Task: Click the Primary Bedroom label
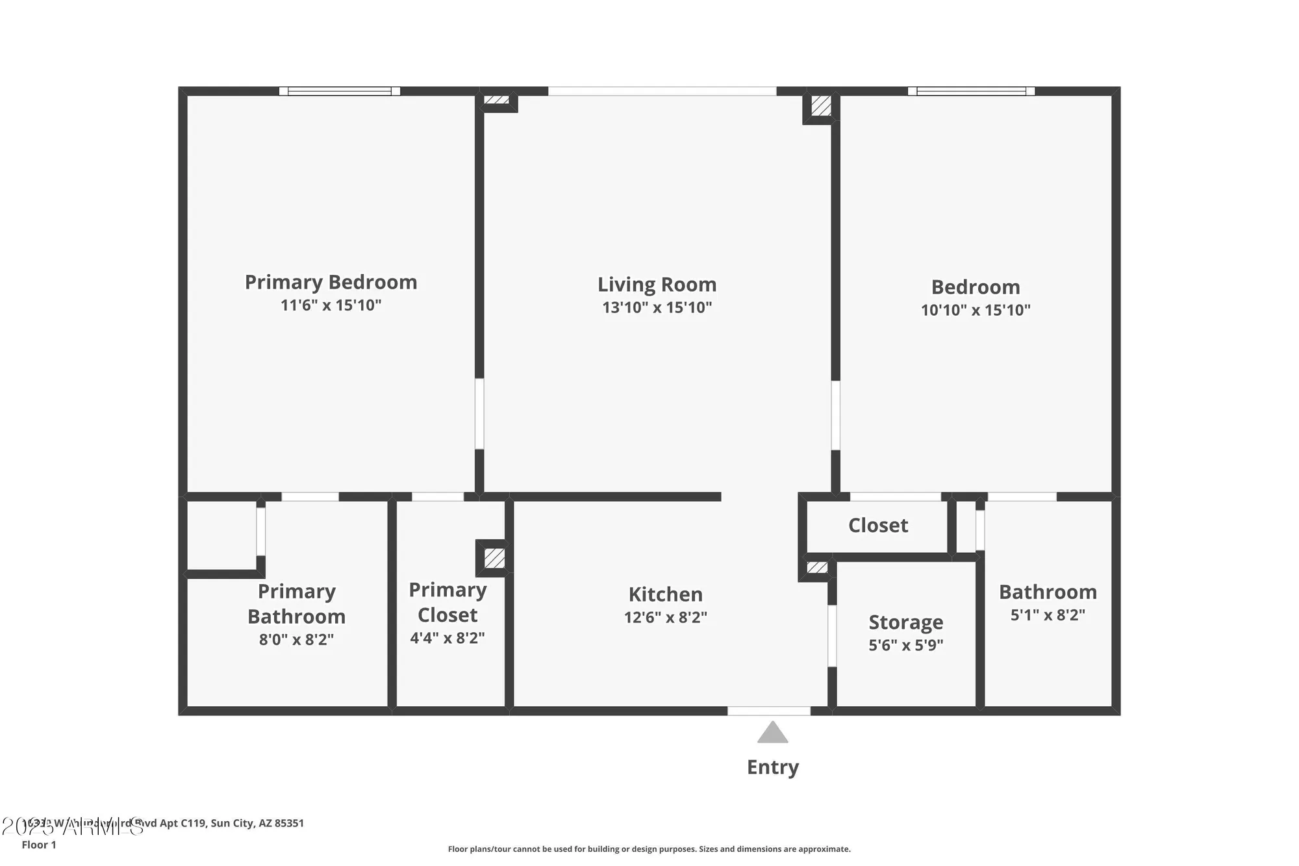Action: pos(331,282)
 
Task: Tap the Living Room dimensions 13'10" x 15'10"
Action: pos(657,307)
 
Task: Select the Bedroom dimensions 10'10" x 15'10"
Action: pos(975,310)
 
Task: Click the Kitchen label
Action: pos(665,594)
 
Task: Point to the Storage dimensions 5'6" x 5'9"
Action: pos(905,645)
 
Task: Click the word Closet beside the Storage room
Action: pos(877,525)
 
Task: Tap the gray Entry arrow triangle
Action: pos(772,733)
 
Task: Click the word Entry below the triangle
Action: pos(772,767)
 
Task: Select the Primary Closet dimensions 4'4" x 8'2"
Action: pos(447,638)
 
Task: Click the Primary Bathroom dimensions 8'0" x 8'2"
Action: pos(296,639)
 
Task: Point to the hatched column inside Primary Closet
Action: pos(494,558)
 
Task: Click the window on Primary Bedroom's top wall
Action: pos(340,91)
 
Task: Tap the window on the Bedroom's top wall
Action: pos(971,91)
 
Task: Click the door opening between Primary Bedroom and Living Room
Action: pos(479,414)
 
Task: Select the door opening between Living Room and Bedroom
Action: pos(835,415)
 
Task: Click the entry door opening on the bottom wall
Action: pos(768,711)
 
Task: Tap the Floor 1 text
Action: pos(39,845)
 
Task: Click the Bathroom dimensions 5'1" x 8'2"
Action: pos(1047,615)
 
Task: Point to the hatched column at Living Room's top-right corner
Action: pos(821,106)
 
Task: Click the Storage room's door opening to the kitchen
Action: pos(832,636)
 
